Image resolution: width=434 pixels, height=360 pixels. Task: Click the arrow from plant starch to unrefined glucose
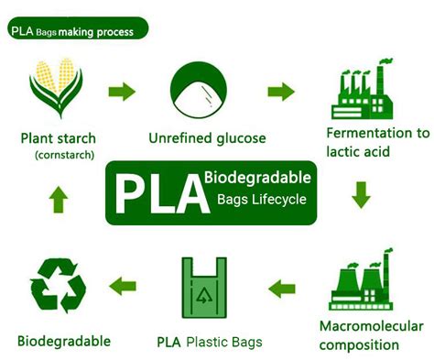(x=122, y=92)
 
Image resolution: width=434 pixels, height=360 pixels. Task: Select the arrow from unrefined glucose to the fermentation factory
(x=281, y=92)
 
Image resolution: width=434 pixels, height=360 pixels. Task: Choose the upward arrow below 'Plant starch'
(x=57, y=196)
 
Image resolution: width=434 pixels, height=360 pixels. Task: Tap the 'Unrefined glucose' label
(x=207, y=138)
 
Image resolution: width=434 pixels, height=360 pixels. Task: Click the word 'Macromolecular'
(x=372, y=326)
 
